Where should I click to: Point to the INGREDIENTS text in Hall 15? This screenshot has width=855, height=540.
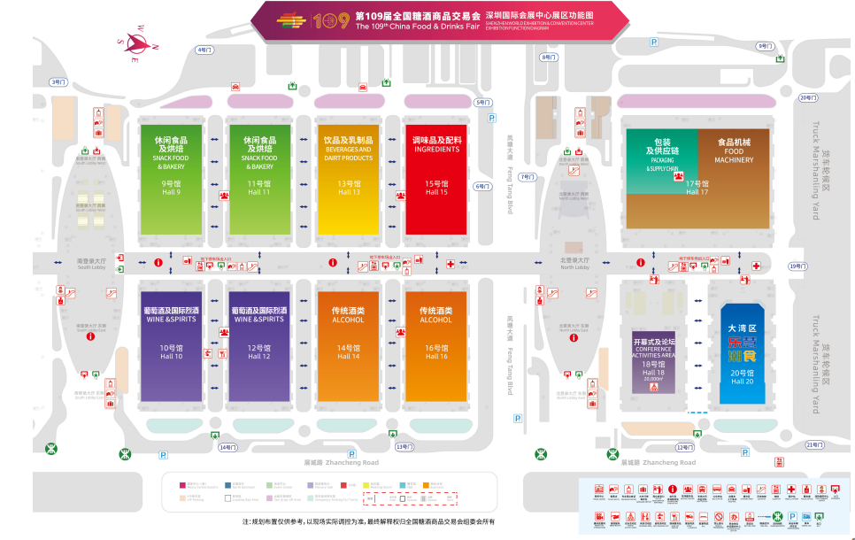click(x=436, y=150)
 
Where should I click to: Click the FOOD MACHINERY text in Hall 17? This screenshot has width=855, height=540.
click(x=734, y=156)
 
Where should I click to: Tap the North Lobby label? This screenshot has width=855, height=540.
click(x=574, y=266)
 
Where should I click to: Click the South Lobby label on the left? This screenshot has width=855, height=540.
click(x=92, y=266)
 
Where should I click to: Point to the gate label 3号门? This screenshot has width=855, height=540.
click(x=58, y=81)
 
